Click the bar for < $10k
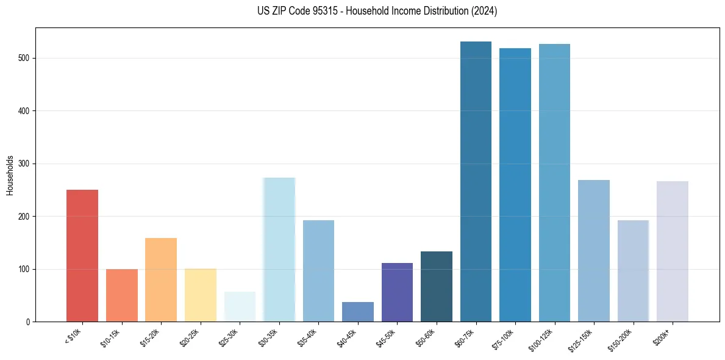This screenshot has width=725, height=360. [x=82, y=256]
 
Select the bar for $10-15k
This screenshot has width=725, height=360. [x=122, y=295]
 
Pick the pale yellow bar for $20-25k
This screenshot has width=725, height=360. [x=201, y=295]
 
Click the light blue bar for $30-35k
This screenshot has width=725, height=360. [x=279, y=250]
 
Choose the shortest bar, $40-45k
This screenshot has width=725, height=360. [x=358, y=312]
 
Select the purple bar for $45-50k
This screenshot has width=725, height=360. [x=397, y=292]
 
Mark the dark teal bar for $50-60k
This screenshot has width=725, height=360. [x=437, y=287]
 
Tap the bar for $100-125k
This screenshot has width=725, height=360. [x=554, y=183]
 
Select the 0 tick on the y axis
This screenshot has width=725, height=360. [x=28, y=322]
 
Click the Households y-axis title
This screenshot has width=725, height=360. [x=10, y=175]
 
